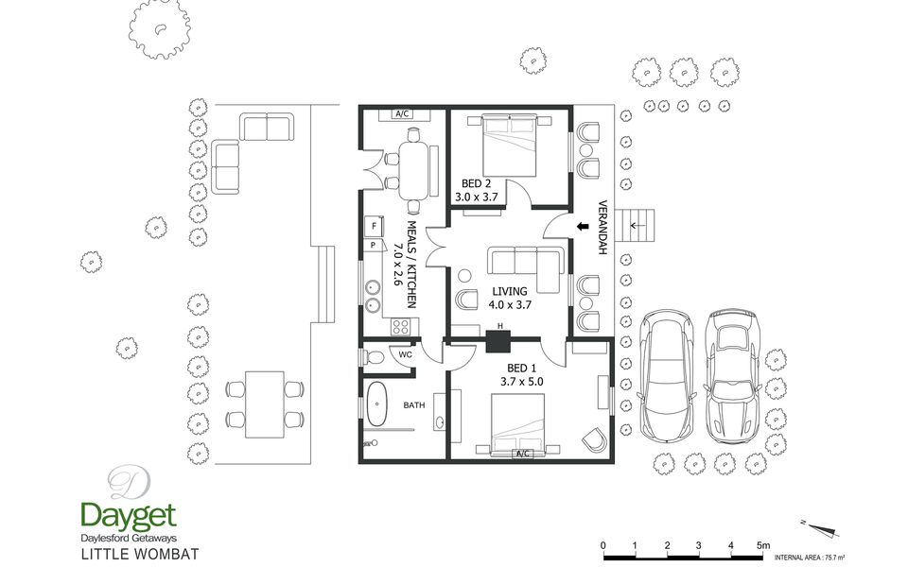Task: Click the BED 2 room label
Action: pos(476,184)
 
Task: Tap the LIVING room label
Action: pos(510,292)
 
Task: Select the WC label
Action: pos(406,354)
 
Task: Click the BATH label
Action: pos(414,405)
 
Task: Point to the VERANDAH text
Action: pos(602,228)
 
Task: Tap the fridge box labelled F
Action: pos(375,226)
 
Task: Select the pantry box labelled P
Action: pos(374,246)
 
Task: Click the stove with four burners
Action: pos(400,327)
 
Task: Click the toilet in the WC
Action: pos(374,357)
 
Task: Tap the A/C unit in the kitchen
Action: pos(403,114)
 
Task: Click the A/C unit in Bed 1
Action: pos(522,454)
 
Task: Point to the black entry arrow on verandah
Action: pos(584,227)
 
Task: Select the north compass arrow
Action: pos(821,529)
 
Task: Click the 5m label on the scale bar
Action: pos(763,545)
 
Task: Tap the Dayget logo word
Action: pos(129,516)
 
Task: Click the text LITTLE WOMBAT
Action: pos(140,555)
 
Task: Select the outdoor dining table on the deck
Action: pos(265,405)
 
